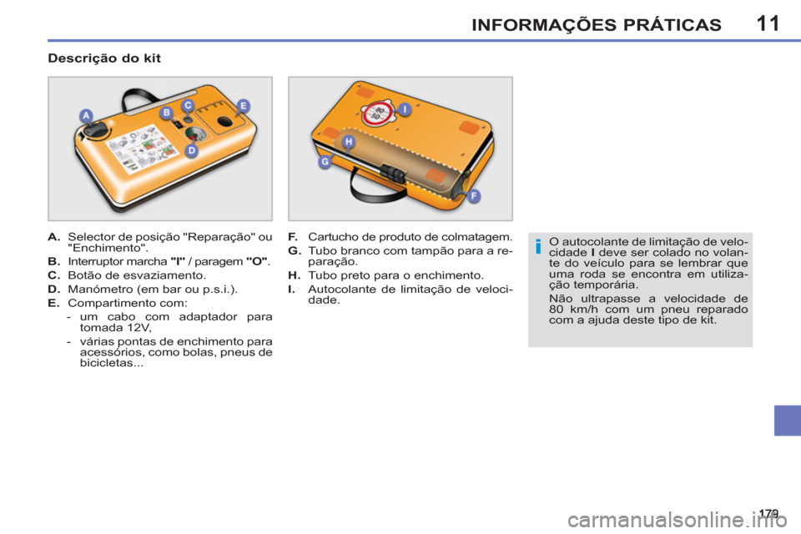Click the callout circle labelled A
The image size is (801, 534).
85,114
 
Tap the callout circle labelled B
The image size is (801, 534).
166,112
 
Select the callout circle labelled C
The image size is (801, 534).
189,105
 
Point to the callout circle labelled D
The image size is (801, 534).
191,151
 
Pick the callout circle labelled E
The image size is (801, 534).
243,105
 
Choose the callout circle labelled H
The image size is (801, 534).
349,142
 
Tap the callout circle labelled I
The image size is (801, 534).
404,108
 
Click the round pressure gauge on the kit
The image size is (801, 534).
194,134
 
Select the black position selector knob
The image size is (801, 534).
97,130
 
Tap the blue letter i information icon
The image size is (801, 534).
539,245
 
